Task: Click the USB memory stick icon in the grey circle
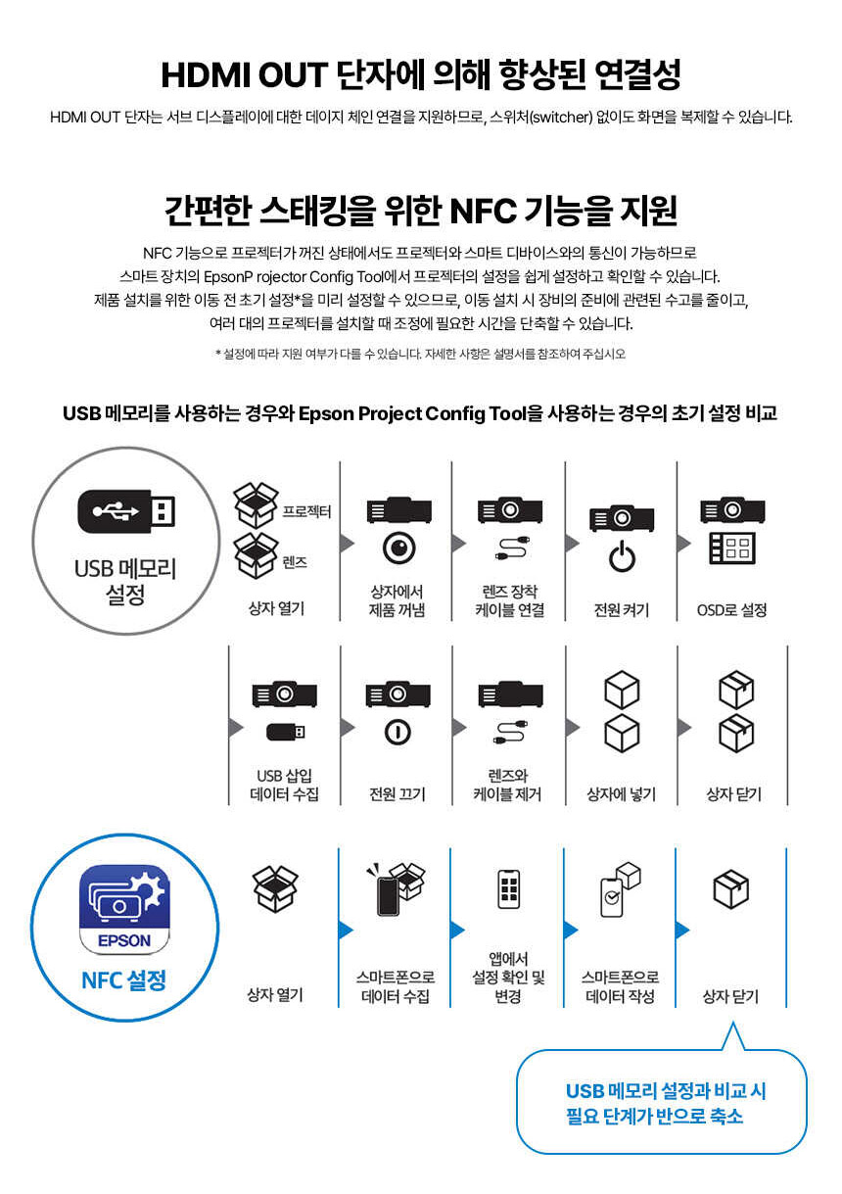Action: click(x=126, y=510)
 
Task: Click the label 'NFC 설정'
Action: click(x=123, y=979)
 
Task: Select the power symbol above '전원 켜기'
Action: click(x=622, y=556)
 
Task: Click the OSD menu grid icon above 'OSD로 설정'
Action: click(x=732, y=549)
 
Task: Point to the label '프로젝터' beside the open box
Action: click(x=306, y=511)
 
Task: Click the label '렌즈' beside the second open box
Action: click(x=295, y=562)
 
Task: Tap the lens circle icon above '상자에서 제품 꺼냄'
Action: click(x=399, y=548)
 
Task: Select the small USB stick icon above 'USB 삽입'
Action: click(x=286, y=732)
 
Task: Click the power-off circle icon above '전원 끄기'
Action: click(x=398, y=732)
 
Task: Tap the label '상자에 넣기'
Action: click(x=621, y=794)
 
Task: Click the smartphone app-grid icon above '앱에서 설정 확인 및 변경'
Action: click(x=508, y=888)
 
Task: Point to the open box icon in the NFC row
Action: click(x=275, y=888)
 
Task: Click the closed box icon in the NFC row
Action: click(x=730, y=888)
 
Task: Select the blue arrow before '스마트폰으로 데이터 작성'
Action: click(x=571, y=930)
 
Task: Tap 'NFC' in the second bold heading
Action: click(x=483, y=211)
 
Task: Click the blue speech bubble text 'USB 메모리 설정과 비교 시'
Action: click(x=666, y=1091)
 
